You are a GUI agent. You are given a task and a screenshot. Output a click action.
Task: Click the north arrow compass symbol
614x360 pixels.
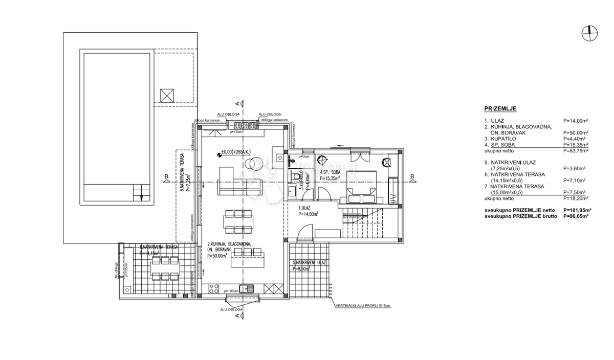click(x=590, y=33)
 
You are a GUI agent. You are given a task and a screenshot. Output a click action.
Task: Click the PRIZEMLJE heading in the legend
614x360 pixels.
click(x=500, y=109)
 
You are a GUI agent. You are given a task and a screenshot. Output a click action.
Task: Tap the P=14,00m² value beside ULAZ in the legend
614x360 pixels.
click(x=575, y=121)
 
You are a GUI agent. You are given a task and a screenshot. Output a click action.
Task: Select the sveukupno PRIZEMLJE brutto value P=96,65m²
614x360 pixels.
click(x=576, y=216)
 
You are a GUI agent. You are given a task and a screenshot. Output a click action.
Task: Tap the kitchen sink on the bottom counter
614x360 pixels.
click(x=248, y=288)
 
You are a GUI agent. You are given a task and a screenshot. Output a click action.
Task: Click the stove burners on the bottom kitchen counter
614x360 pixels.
click(x=214, y=288)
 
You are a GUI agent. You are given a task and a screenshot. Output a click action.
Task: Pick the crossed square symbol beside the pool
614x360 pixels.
click(x=167, y=96)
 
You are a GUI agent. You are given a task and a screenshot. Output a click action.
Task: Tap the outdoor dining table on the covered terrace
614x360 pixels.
click(x=164, y=268)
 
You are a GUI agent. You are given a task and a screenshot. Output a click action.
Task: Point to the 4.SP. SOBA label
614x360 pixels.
click(x=330, y=172)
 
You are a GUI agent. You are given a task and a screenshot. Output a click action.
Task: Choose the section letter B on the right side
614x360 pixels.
click(x=412, y=177)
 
